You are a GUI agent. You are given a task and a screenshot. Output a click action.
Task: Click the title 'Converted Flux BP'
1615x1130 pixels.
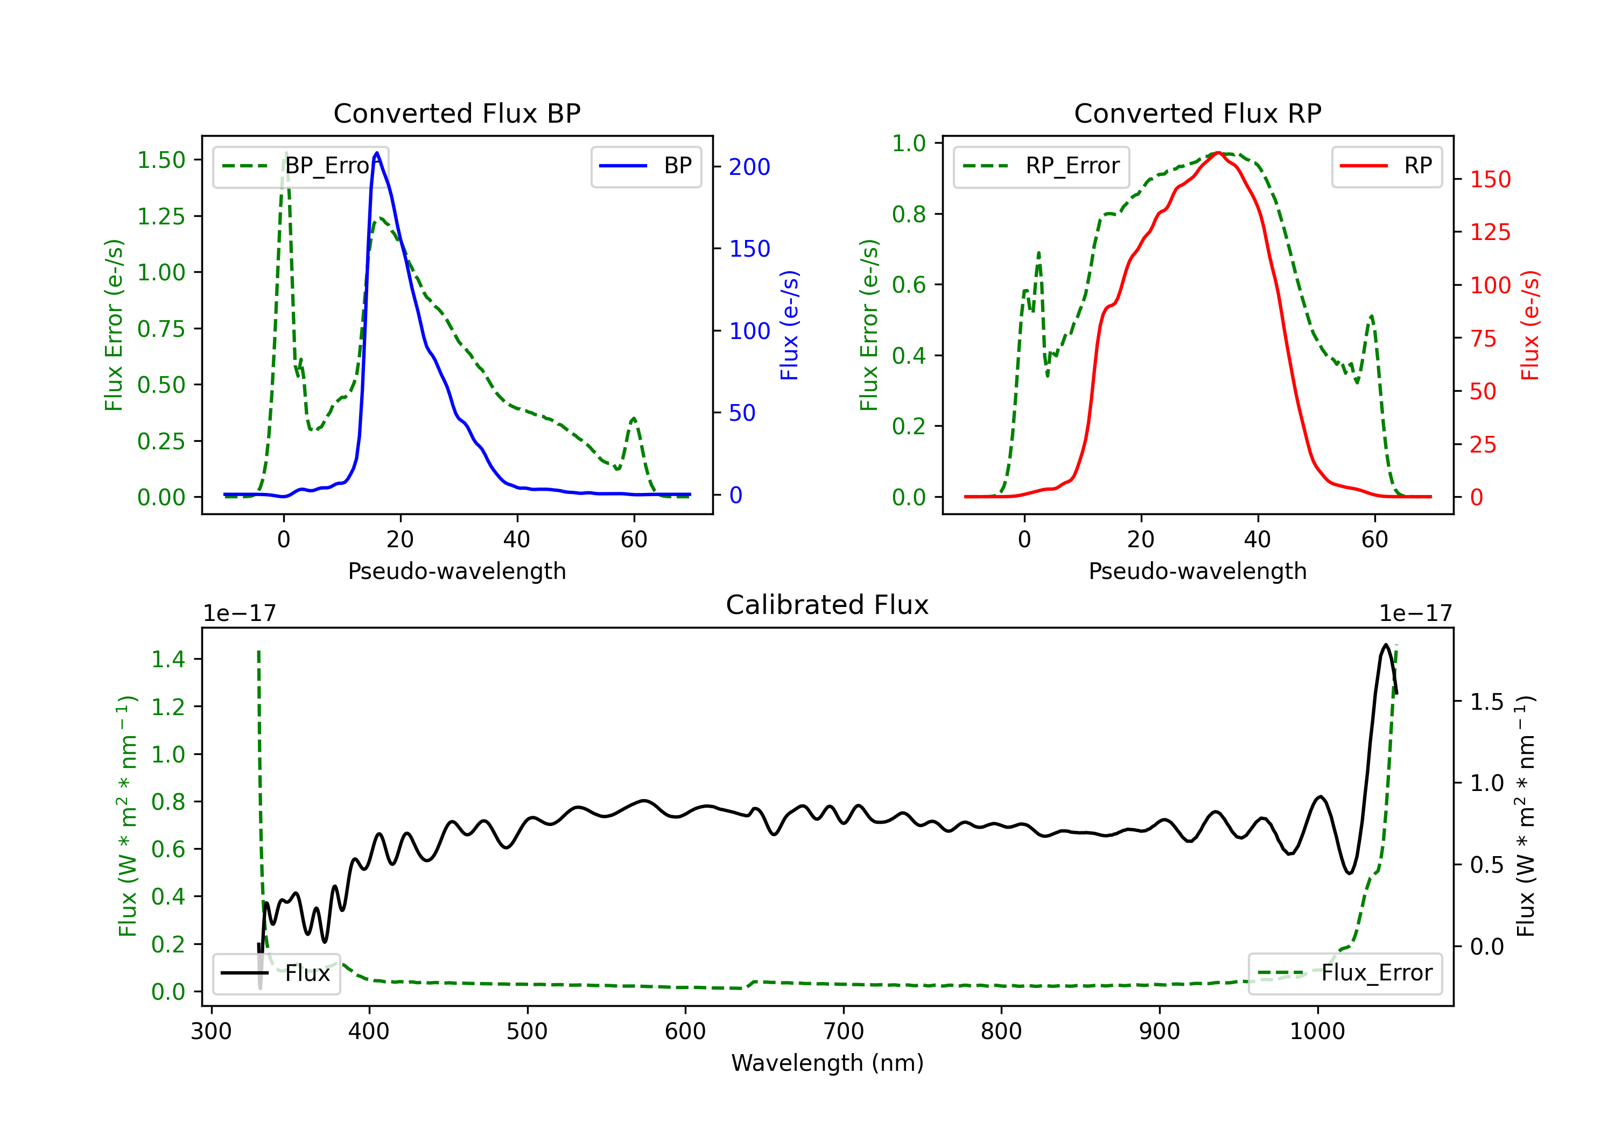click(x=457, y=113)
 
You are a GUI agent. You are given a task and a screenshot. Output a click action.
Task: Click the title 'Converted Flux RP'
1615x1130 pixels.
click(x=1197, y=113)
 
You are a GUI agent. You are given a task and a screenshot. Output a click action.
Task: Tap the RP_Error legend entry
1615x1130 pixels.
click(x=1041, y=166)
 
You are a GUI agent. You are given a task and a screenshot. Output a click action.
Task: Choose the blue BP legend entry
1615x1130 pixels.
click(x=645, y=166)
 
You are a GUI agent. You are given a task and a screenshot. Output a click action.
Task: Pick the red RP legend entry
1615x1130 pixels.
click(x=1386, y=166)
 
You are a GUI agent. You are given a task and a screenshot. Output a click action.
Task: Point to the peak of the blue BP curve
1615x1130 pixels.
click(x=377, y=153)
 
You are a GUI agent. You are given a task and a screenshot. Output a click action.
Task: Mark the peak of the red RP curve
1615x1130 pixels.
click(x=1218, y=153)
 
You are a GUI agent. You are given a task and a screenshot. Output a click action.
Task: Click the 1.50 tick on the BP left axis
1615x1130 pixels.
click(x=161, y=160)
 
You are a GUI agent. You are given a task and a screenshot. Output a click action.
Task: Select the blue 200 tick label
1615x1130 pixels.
click(x=749, y=167)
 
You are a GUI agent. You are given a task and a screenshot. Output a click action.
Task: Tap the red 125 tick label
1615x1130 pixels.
click(x=1490, y=232)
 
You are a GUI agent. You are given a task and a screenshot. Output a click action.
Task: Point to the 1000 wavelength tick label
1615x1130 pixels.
click(x=1317, y=1032)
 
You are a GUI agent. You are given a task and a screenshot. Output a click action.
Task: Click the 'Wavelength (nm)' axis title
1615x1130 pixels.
click(x=827, y=1063)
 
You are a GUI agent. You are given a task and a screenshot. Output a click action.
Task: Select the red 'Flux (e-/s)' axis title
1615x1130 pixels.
click(x=1530, y=325)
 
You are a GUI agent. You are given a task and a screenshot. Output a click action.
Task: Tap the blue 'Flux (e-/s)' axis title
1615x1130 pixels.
click(x=789, y=325)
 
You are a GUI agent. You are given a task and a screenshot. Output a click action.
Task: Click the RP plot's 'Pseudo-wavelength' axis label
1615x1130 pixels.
click(x=1197, y=571)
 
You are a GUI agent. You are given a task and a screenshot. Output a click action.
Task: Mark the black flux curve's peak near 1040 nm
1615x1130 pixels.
click(x=1386, y=645)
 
